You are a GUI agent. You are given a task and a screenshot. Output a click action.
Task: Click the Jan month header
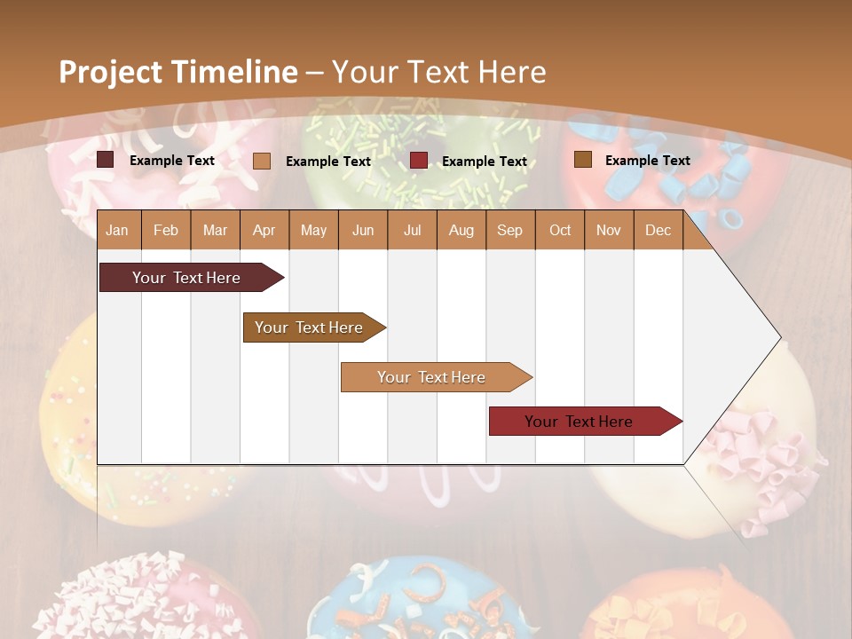(x=117, y=230)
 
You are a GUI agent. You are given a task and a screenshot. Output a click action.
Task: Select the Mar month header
(x=215, y=230)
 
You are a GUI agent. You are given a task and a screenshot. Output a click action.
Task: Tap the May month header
(x=313, y=230)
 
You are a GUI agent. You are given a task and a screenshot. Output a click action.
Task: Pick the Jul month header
(x=412, y=230)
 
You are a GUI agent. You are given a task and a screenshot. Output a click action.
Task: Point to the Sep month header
(x=509, y=230)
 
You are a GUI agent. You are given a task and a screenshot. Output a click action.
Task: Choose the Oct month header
(x=560, y=230)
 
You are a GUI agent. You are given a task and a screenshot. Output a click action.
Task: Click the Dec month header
(x=658, y=230)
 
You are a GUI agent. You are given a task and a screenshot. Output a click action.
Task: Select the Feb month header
(x=166, y=230)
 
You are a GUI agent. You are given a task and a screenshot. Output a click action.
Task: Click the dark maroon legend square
(x=106, y=160)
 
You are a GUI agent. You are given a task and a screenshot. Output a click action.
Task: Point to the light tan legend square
(x=262, y=161)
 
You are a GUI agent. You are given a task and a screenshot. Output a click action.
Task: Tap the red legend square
(x=419, y=161)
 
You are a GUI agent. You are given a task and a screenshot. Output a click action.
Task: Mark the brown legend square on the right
(x=582, y=160)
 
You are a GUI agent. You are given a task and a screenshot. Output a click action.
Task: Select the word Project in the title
(x=110, y=72)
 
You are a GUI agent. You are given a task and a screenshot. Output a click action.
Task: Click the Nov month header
(x=609, y=230)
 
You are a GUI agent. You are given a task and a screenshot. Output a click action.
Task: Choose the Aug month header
(x=461, y=230)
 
